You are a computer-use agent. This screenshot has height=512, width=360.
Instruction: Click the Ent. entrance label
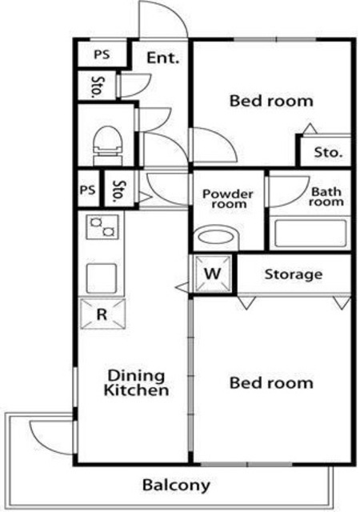(x=163, y=58)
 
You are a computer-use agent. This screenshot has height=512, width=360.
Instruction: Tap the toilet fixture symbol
(x=108, y=146)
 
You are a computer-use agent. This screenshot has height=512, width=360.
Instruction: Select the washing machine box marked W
(x=213, y=274)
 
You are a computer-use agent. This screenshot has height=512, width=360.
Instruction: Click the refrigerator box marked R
(x=102, y=314)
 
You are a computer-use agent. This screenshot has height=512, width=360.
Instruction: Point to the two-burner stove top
(x=102, y=227)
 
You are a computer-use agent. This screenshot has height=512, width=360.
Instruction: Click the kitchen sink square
(x=102, y=278)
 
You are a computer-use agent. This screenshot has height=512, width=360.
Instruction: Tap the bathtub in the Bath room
(x=310, y=233)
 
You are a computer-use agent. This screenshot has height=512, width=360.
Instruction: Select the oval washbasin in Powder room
(x=216, y=237)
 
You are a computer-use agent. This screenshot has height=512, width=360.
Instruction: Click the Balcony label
(x=176, y=486)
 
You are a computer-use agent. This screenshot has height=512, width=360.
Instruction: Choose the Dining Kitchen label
(x=136, y=382)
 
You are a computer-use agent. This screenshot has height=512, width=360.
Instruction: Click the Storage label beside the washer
(x=294, y=274)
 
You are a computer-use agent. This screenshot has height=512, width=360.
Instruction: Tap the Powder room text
(x=228, y=199)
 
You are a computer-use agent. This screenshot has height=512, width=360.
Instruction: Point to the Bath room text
(x=326, y=197)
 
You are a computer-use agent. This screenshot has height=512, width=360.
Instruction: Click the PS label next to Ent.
(x=102, y=54)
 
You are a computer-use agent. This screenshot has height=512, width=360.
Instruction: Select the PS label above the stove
(x=87, y=190)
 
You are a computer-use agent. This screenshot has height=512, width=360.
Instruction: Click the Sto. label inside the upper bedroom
(x=328, y=152)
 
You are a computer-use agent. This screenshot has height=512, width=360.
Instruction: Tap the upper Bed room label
(x=271, y=101)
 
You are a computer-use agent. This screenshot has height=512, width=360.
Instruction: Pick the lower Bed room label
(x=271, y=382)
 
